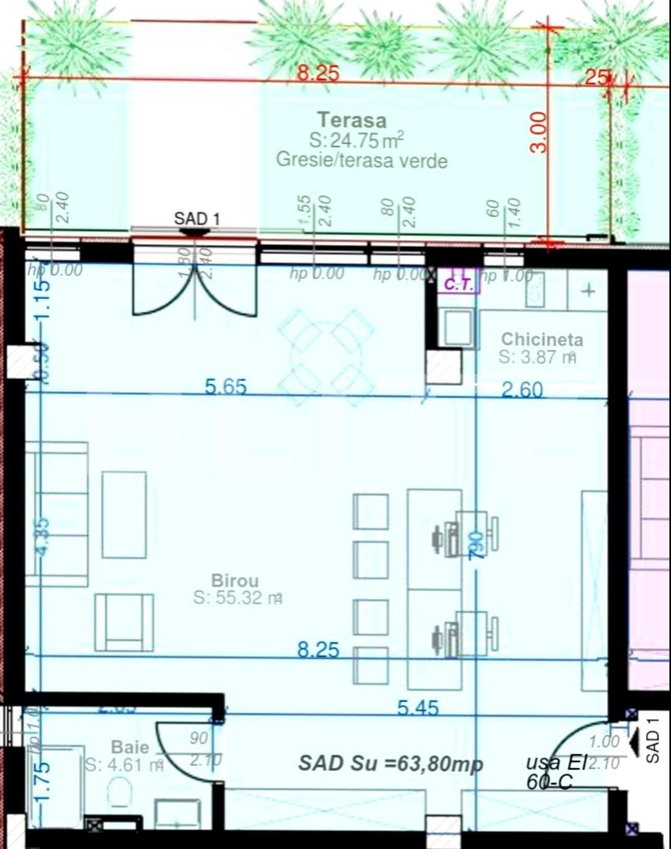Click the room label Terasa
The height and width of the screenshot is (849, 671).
point(352,120)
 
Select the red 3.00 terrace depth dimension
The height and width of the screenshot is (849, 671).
point(540,132)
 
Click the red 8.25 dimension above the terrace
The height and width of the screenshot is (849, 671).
point(318,73)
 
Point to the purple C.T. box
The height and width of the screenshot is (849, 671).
point(459,285)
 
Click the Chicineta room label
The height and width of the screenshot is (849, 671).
point(542,339)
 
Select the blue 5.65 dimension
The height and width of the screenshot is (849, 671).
point(226,387)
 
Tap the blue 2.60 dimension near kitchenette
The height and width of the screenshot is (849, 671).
point(522,390)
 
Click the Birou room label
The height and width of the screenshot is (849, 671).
point(235,581)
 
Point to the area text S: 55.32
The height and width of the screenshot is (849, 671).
point(238,598)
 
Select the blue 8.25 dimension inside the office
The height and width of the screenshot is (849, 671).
point(318,650)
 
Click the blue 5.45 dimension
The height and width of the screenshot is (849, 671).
point(418,708)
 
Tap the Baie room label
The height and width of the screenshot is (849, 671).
point(130,746)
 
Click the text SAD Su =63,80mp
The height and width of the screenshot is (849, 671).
point(390,763)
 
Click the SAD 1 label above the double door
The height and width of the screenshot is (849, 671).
point(196,219)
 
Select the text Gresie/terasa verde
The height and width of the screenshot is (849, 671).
point(362,160)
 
